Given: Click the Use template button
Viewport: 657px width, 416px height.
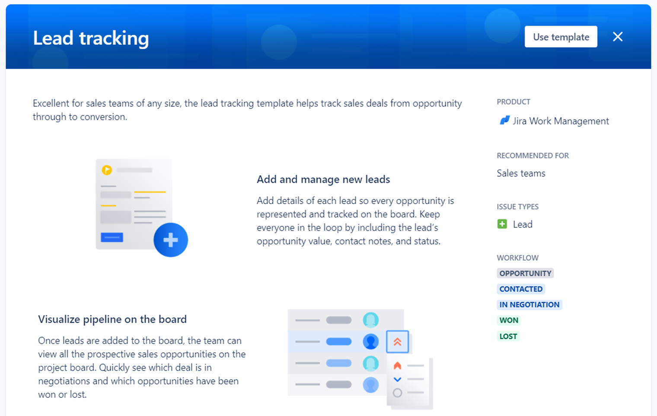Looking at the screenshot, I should (561, 37).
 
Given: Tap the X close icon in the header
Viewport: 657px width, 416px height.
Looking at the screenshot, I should (618, 37).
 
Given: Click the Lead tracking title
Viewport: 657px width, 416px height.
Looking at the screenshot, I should (91, 38).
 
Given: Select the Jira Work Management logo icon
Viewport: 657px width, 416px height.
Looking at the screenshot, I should (504, 121).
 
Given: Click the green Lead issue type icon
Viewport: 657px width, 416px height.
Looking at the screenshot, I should (502, 224).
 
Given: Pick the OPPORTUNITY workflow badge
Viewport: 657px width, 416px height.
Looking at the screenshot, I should (525, 273).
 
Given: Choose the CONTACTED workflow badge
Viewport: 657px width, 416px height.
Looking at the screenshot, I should (521, 289).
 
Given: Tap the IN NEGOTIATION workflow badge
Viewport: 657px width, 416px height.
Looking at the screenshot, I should (529, 304).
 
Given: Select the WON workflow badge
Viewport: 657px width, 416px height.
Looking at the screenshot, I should (509, 320).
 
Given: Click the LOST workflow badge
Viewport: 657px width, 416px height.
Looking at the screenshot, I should (508, 336).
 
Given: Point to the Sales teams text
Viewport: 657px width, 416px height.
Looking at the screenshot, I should (521, 173).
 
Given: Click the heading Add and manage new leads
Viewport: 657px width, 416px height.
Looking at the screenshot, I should (323, 179).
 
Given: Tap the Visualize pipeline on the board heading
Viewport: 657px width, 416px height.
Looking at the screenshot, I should (112, 319).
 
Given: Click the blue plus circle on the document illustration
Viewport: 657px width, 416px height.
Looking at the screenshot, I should (171, 240).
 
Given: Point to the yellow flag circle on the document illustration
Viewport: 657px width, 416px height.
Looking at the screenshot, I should (107, 170).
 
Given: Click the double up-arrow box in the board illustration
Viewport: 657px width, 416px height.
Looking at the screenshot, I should (397, 342).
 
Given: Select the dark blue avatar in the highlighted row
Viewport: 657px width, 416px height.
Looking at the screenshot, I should (370, 342).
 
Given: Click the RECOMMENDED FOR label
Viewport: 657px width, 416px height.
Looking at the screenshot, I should (533, 156).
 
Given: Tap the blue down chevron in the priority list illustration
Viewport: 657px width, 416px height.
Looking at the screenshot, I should (397, 380).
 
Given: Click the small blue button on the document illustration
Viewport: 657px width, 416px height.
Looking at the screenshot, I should (112, 237).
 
